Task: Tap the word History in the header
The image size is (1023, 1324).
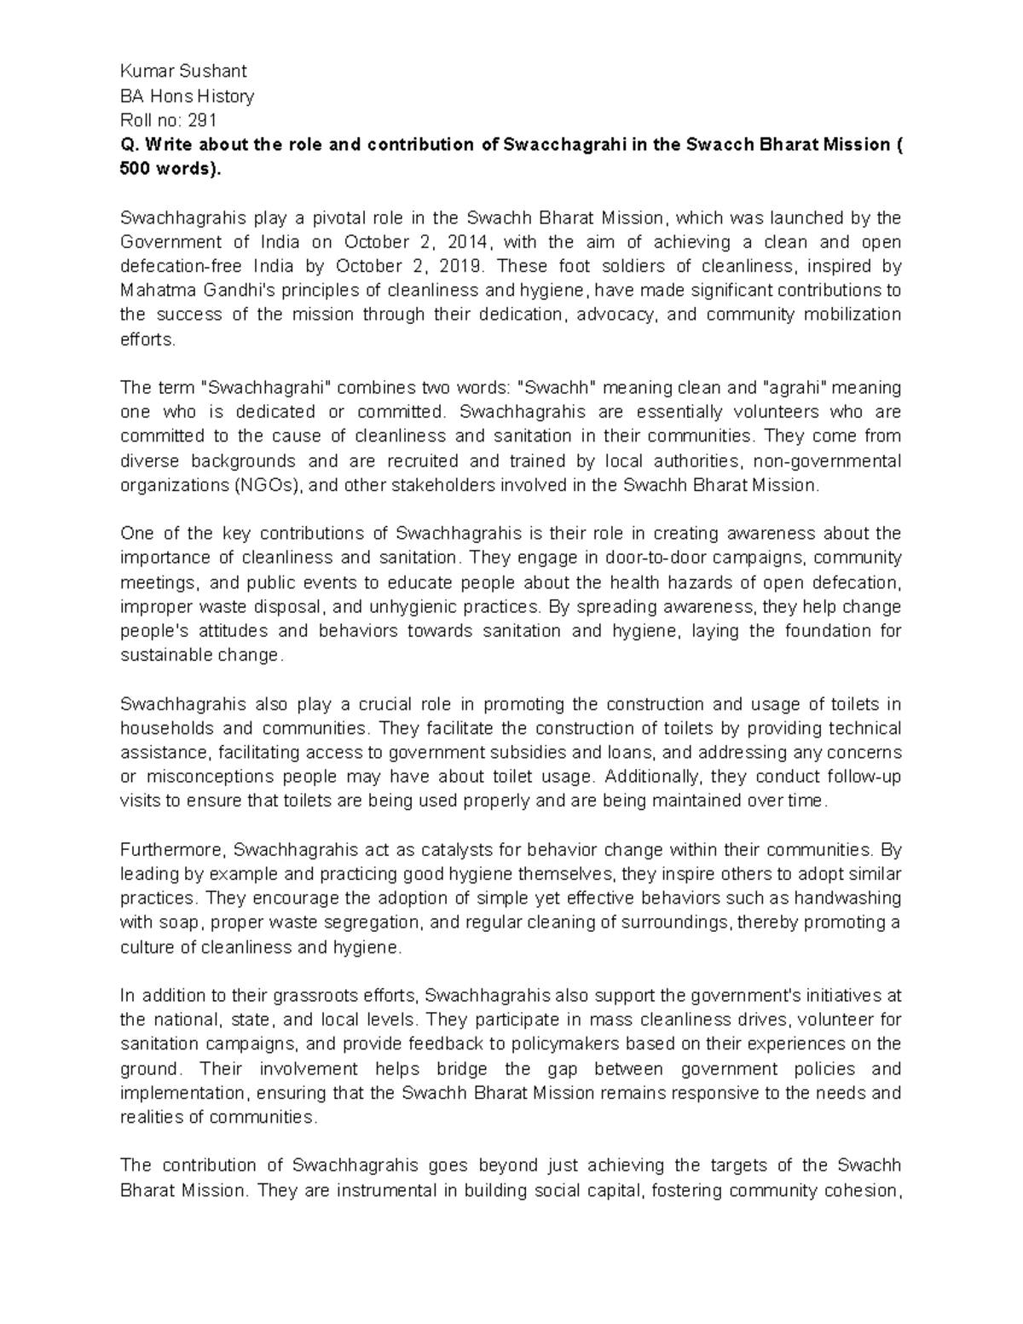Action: (x=225, y=96)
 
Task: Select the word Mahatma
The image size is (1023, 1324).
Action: (x=151, y=290)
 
